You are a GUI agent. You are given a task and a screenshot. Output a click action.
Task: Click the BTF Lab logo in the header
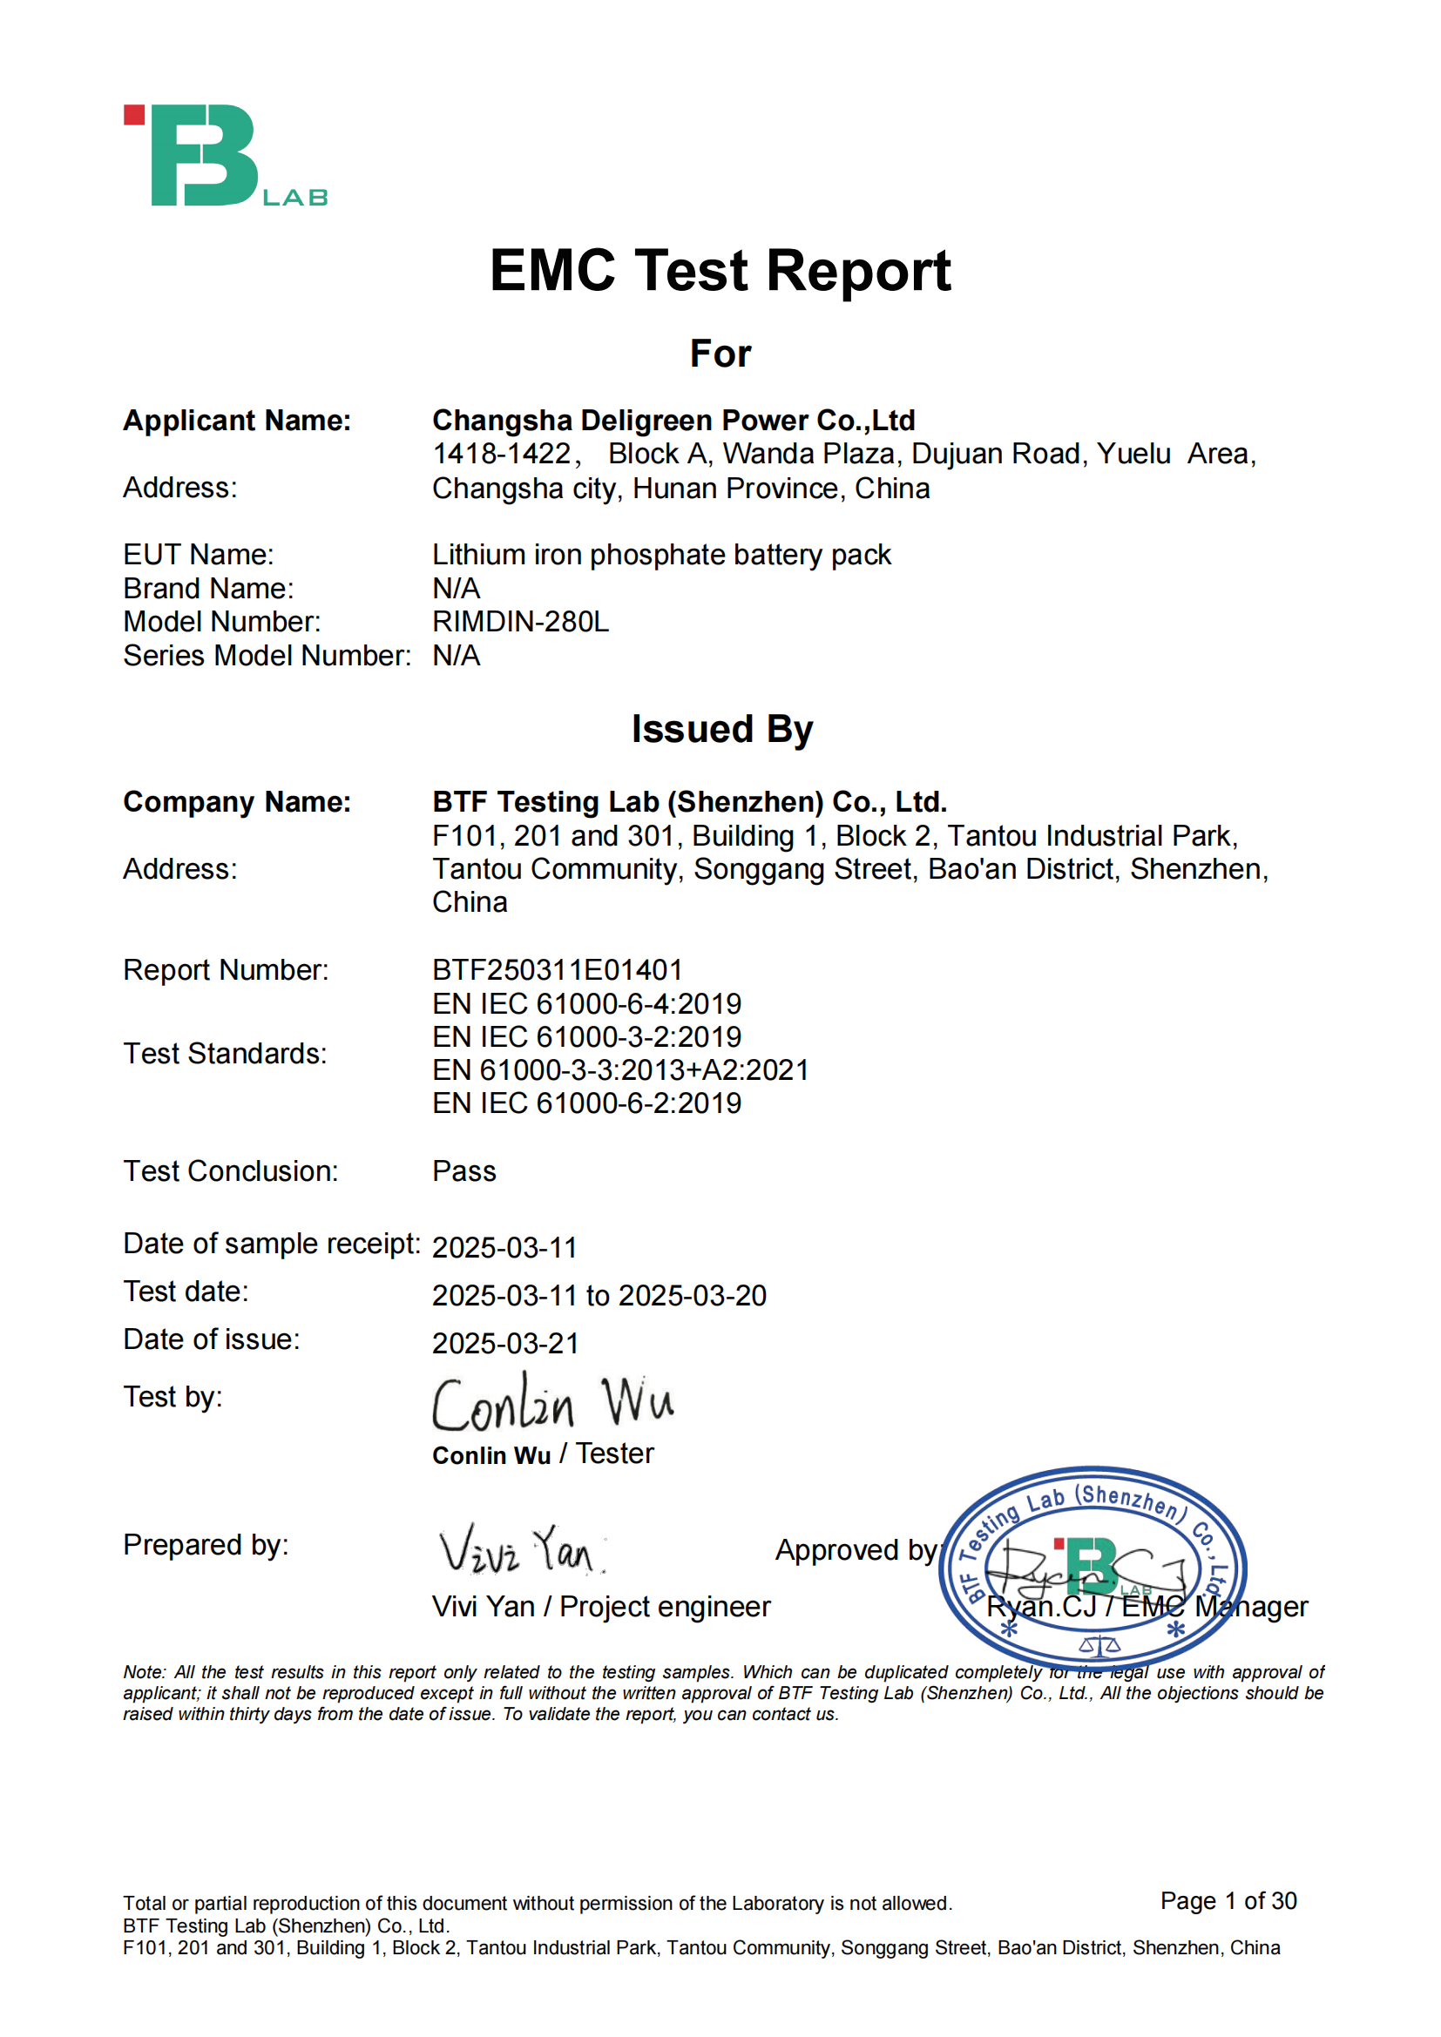click(225, 156)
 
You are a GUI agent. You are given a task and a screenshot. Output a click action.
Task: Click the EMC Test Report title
click(720, 270)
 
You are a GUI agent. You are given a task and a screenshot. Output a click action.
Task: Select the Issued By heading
click(721, 729)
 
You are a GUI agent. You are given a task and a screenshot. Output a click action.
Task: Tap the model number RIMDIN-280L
click(520, 622)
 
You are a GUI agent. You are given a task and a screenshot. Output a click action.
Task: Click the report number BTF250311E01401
click(558, 969)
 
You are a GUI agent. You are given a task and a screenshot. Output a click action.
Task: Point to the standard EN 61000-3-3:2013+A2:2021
click(620, 1070)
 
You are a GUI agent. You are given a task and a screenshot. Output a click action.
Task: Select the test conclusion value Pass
click(463, 1171)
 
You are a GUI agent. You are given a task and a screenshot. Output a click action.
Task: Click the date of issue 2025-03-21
click(505, 1343)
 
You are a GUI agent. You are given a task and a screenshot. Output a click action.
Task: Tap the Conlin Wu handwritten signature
click(551, 1404)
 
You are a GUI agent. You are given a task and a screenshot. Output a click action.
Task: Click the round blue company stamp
click(1093, 1568)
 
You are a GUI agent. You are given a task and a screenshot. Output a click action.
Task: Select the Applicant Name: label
click(237, 421)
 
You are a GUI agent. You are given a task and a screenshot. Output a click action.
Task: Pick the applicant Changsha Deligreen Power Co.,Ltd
click(673, 421)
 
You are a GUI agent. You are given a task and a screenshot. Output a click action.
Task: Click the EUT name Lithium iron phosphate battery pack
click(661, 555)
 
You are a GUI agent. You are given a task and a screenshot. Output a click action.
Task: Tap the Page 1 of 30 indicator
click(1228, 1900)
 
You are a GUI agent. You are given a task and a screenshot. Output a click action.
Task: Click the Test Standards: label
click(225, 1053)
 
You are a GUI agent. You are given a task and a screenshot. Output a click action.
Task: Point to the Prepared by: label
click(206, 1545)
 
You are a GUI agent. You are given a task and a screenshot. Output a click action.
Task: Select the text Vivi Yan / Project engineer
click(601, 1607)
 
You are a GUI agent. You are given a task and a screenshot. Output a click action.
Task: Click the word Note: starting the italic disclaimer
click(145, 1672)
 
